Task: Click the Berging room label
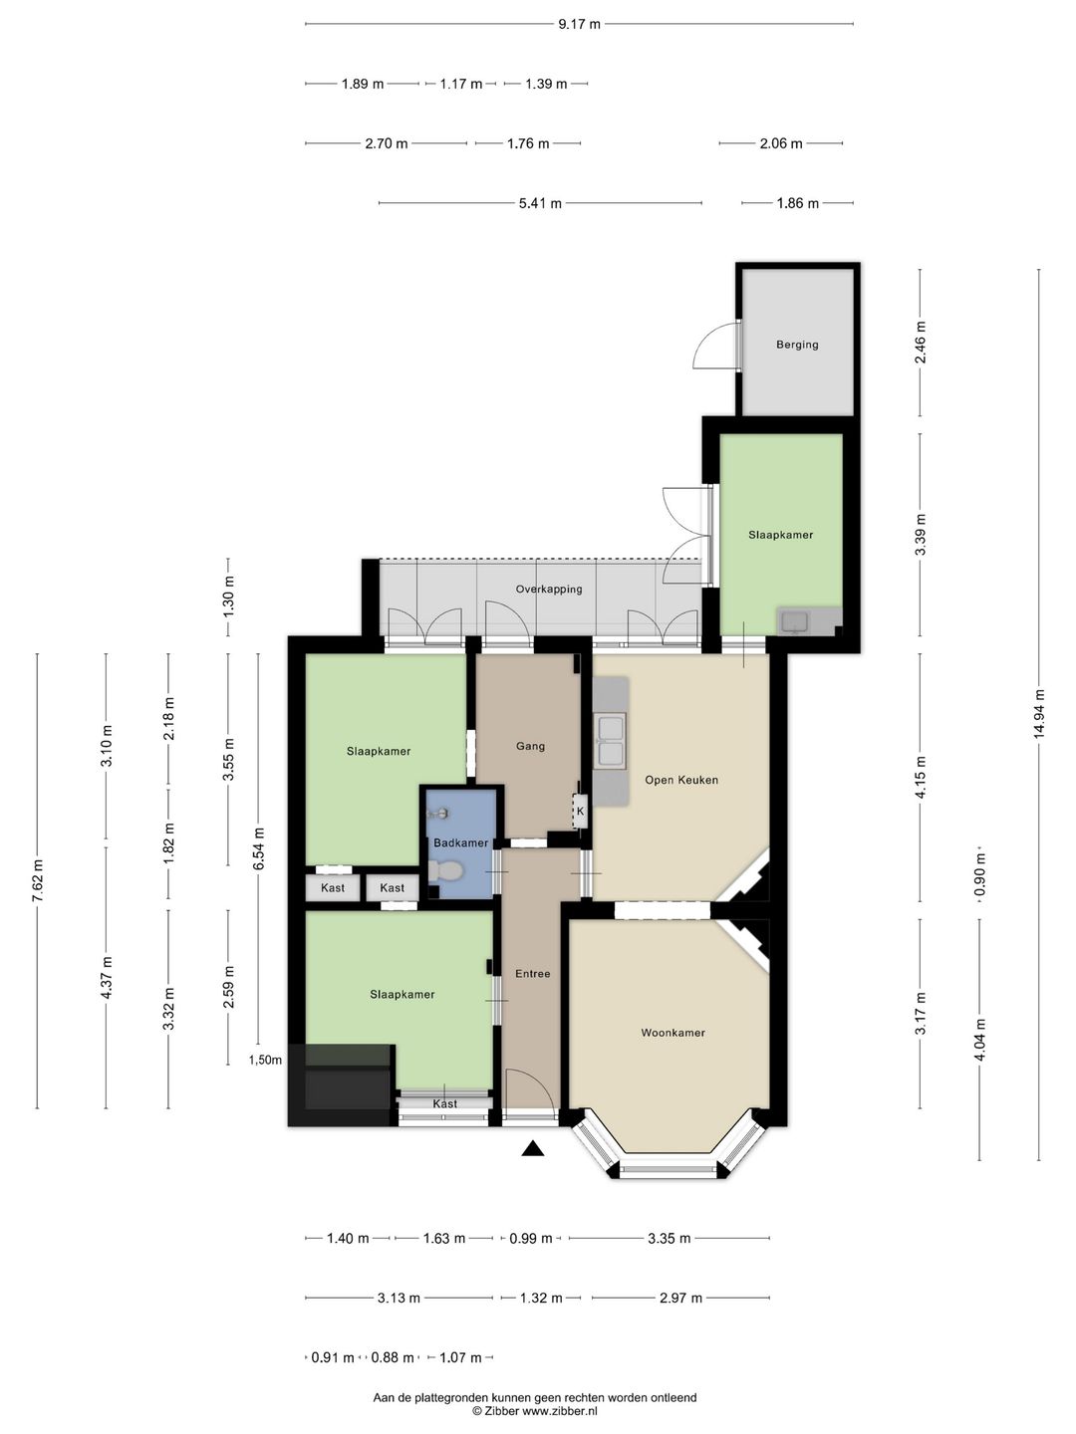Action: pyautogui.click(x=797, y=345)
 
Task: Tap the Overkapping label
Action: pyautogui.click(x=549, y=589)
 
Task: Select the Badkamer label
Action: pyautogui.click(x=460, y=842)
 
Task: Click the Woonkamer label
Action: pyautogui.click(x=672, y=1033)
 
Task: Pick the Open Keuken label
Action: pyautogui.click(x=681, y=780)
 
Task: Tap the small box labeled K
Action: pyautogui.click(x=580, y=812)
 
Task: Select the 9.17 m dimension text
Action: pyautogui.click(x=579, y=24)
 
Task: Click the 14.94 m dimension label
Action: pyautogui.click(x=1039, y=714)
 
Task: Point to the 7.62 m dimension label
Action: pyautogui.click(x=37, y=881)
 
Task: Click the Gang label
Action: pyautogui.click(x=530, y=746)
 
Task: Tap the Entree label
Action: pyautogui.click(x=532, y=973)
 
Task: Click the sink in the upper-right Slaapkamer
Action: pyautogui.click(x=795, y=622)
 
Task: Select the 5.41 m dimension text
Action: pyautogui.click(x=540, y=203)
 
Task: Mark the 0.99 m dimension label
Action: pyautogui.click(x=531, y=1238)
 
